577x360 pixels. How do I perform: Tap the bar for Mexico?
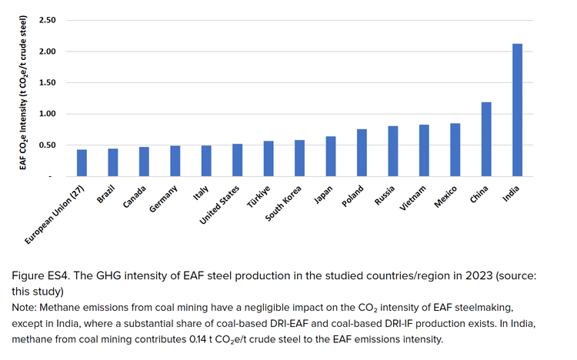(x=455, y=150)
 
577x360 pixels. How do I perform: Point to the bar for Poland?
(x=362, y=153)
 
